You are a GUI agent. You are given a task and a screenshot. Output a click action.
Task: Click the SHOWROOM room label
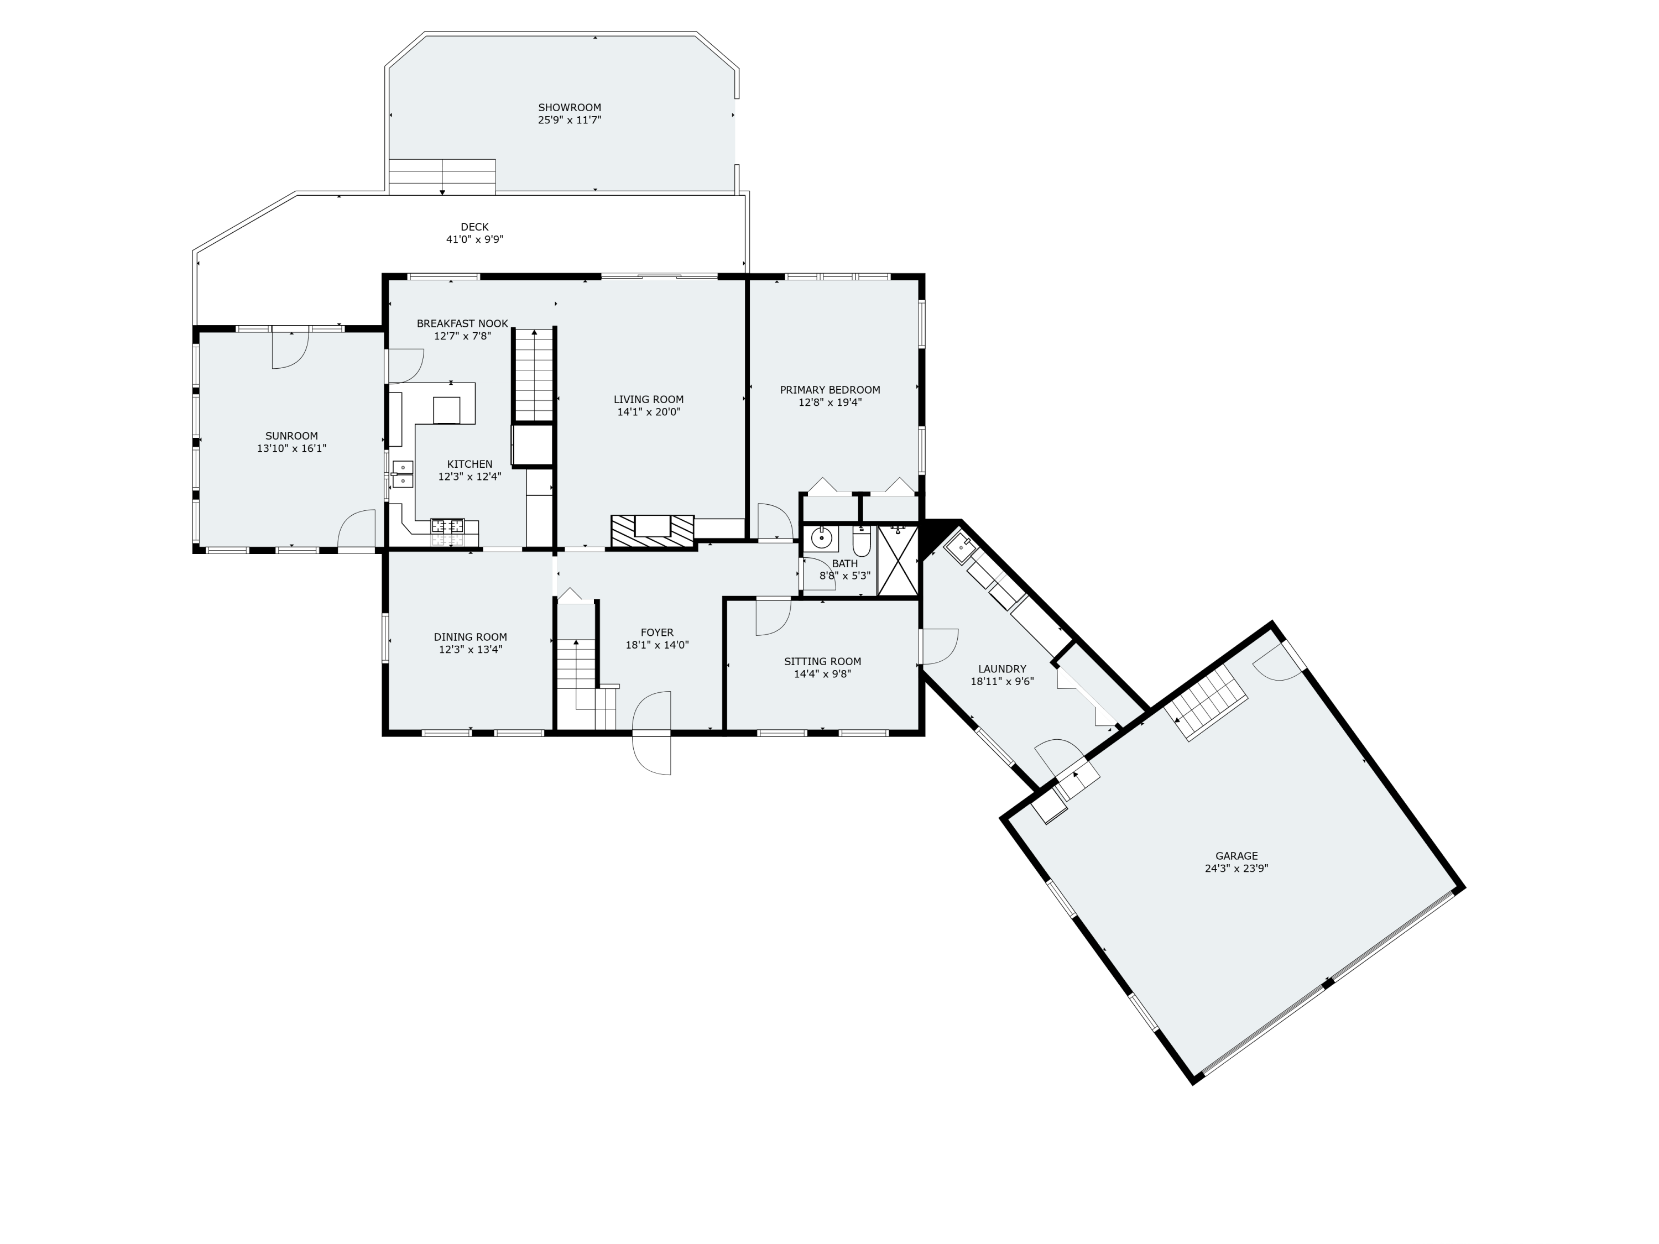pos(569,107)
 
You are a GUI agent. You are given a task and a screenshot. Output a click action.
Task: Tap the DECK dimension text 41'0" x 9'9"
pos(474,240)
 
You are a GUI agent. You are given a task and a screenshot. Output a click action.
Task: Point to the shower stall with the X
pos(898,561)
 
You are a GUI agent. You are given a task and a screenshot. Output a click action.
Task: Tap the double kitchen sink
pos(403,474)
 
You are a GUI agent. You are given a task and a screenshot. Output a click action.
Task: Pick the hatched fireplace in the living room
pos(652,531)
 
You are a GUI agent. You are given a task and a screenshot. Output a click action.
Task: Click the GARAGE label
pos(1236,855)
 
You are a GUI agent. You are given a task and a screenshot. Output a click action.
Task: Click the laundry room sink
pos(960,548)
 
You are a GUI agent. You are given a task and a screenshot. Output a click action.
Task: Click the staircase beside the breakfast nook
pos(534,375)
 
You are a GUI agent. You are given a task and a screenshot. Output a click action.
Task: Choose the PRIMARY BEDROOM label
pos(830,390)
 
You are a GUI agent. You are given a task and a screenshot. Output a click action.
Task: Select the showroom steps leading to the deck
pos(442,177)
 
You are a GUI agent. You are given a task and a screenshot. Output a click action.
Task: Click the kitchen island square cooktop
pos(446,410)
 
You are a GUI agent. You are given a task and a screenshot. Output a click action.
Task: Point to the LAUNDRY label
pos(1002,669)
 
